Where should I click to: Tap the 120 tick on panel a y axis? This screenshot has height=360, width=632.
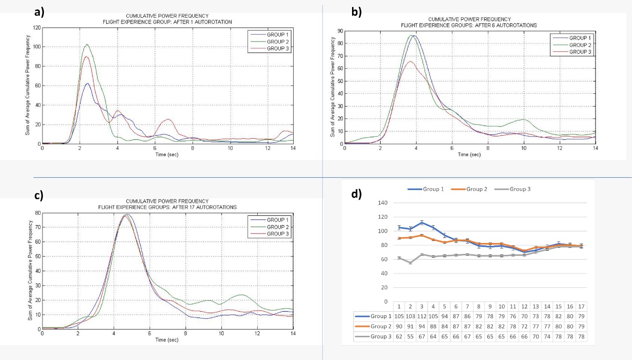point(37,28)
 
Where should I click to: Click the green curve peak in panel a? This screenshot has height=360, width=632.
point(87,44)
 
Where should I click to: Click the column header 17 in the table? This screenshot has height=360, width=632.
point(581,306)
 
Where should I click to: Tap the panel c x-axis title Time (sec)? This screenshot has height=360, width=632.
point(167,340)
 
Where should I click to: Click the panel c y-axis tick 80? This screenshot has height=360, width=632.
point(37,213)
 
